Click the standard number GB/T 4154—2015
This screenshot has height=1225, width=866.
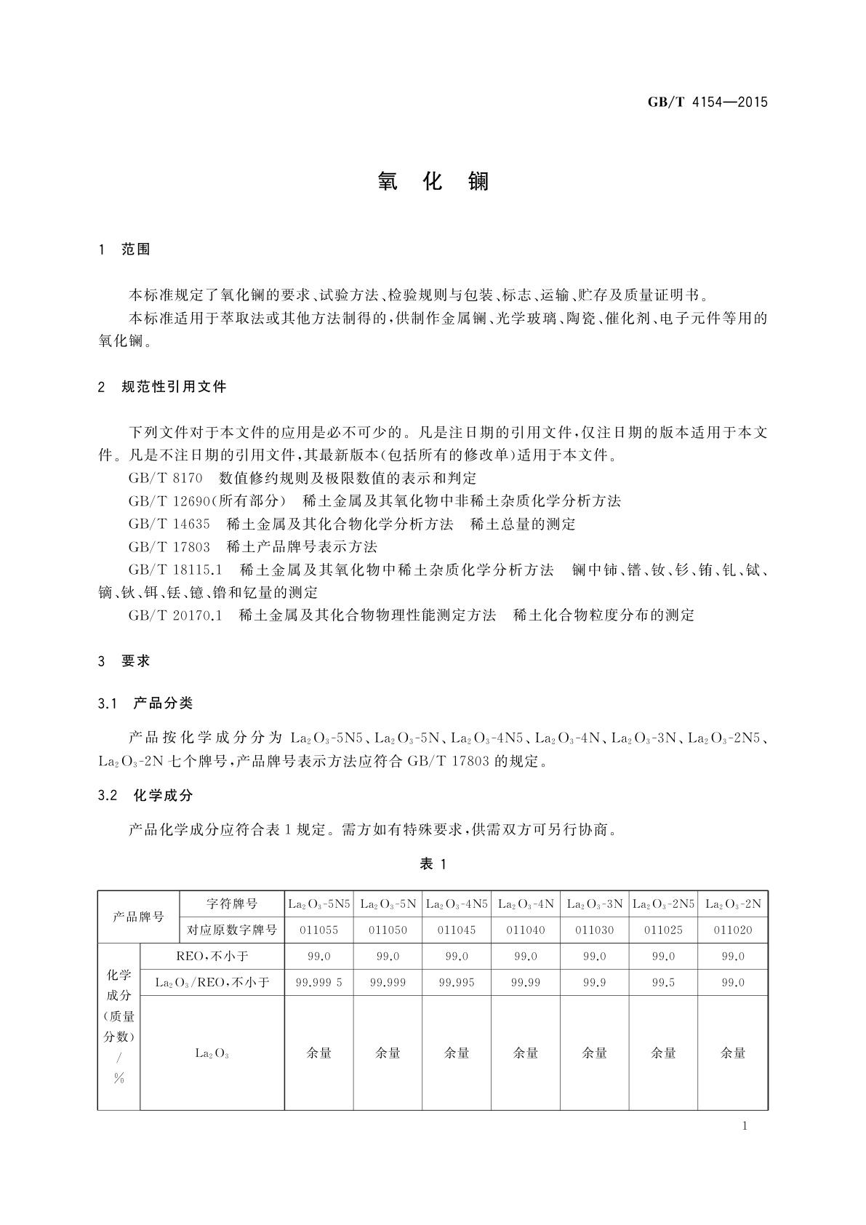707,102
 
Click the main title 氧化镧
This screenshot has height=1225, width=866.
433,182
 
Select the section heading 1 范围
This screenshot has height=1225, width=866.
124,250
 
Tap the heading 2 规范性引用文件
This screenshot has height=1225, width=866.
162,387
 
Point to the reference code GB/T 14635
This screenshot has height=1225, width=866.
169,524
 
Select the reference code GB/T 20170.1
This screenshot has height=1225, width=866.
175,615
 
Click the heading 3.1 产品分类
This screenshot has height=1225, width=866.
146,703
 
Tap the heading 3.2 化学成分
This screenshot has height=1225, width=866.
146,796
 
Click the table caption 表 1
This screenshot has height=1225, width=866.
433,864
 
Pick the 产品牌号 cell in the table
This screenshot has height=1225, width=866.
138,917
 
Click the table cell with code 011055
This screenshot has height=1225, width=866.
318,930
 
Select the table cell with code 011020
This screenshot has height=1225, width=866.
733,930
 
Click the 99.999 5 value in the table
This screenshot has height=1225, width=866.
318,983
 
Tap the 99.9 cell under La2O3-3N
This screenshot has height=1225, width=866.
595,983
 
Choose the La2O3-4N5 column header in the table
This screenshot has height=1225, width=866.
457,903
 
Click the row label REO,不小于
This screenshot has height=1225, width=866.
212,957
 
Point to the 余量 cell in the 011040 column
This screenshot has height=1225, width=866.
526,1053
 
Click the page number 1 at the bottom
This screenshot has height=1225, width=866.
745,1127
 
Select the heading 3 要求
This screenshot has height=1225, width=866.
124,661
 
